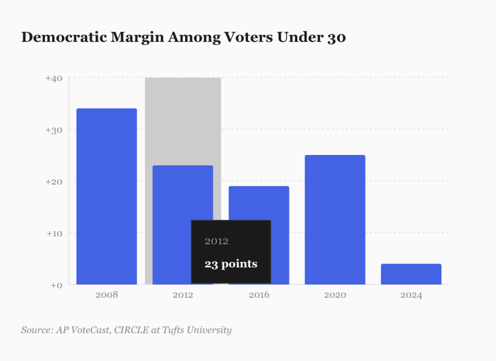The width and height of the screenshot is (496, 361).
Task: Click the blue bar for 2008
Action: pyautogui.click(x=107, y=196)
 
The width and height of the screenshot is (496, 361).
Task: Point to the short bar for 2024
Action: pyautogui.click(x=411, y=274)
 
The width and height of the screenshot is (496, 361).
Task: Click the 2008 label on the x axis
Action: pyautogui.click(x=107, y=295)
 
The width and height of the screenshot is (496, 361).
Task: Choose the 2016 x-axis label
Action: pyautogui.click(x=259, y=295)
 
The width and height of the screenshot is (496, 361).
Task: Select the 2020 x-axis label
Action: pyautogui.click(x=335, y=295)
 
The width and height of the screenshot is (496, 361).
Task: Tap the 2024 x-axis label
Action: pyautogui.click(x=411, y=295)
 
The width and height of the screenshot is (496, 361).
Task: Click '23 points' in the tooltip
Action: pyautogui.click(x=231, y=265)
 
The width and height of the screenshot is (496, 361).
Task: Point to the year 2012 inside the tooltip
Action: pyautogui.click(x=217, y=241)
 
